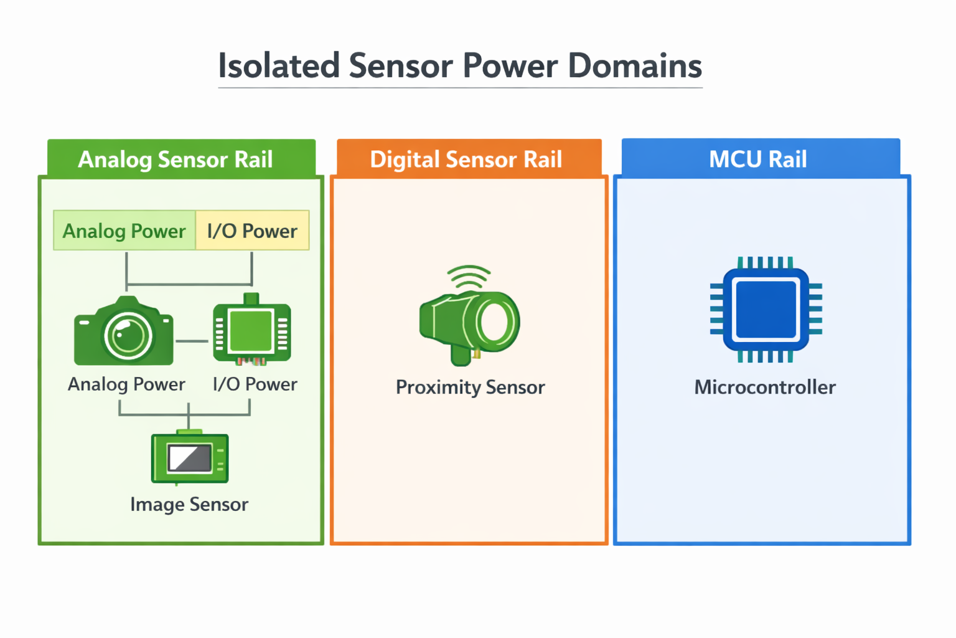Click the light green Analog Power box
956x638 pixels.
pyautogui.click(x=124, y=231)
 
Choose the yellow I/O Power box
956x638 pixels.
pyautogui.click(x=252, y=231)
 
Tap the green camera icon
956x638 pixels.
pyautogui.click(x=124, y=331)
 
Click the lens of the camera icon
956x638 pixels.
pyautogui.click(x=128, y=336)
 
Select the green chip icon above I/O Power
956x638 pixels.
pyautogui.click(x=251, y=330)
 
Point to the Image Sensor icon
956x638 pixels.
pyautogui.click(x=189, y=458)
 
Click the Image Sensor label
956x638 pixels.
pyautogui.click(x=189, y=504)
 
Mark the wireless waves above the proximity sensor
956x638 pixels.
pyautogui.click(x=469, y=277)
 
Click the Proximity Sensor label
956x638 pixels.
pyautogui.click(x=470, y=387)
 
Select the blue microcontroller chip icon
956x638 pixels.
pyautogui.click(x=766, y=310)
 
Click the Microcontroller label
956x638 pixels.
pyautogui.click(x=765, y=387)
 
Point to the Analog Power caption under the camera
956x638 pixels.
pyautogui.click(x=126, y=384)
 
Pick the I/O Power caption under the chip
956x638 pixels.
pyautogui.click(x=255, y=384)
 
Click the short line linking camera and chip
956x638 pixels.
pyautogui.click(x=192, y=341)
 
